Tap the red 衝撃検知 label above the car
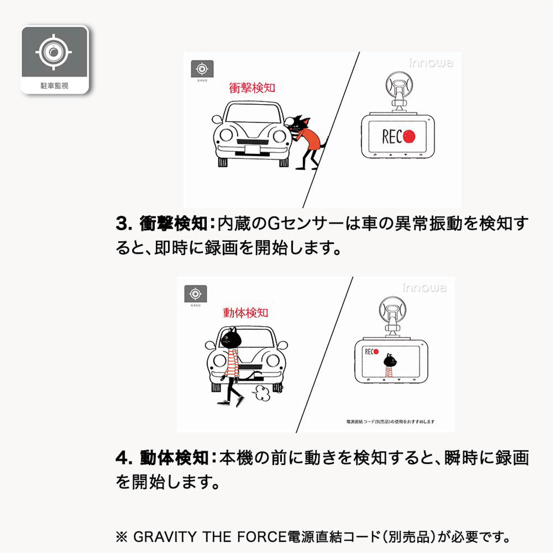coord(252,87)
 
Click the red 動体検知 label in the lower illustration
coord(246,312)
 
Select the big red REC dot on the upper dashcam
coord(409,136)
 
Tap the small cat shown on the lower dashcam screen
coord(389,364)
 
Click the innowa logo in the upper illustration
coord(430,63)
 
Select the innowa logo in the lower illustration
coord(424,288)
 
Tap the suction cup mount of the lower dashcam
coord(393,312)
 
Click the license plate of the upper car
coord(252,149)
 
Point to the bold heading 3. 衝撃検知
coord(162,224)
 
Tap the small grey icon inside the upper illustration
coord(202,69)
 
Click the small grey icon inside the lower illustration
coord(195,294)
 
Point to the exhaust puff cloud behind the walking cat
coord(262,393)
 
